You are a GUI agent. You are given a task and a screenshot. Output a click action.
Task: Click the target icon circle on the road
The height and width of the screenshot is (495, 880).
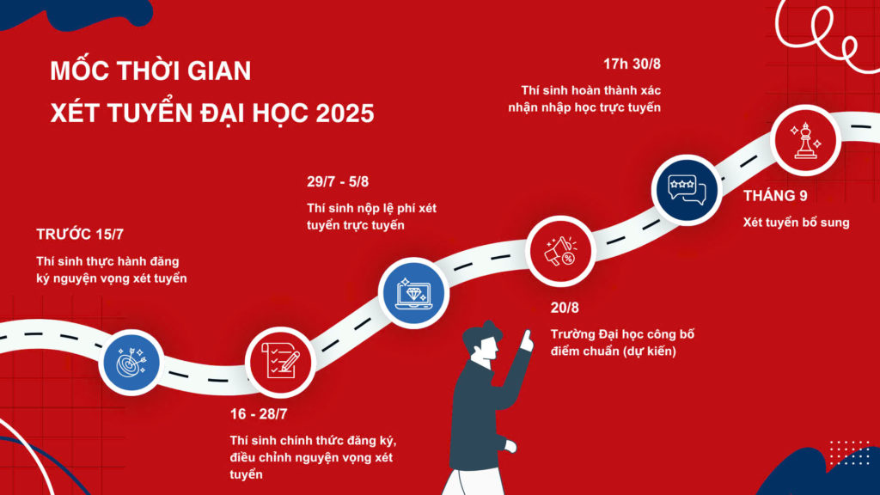[x=131, y=363]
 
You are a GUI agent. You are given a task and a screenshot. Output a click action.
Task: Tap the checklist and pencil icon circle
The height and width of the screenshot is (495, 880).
[x=280, y=362]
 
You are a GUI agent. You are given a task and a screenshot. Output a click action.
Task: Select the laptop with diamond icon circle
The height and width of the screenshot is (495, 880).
[x=413, y=293]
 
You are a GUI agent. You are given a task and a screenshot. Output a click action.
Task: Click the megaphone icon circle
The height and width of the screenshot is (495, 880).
[x=560, y=251]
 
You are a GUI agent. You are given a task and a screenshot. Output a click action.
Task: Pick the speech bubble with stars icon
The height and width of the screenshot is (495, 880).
[x=687, y=190]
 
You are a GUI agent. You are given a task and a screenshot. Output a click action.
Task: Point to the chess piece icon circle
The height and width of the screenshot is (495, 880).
[x=806, y=140]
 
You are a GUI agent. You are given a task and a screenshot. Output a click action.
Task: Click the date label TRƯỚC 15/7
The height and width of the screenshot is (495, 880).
[x=80, y=235]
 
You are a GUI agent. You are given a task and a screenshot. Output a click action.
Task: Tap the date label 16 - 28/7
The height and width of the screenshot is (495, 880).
[x=258, y=414]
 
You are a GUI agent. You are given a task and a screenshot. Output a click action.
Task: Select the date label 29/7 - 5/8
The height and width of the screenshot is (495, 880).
[x=337, y=182]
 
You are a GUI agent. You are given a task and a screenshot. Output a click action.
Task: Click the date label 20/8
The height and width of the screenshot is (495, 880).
[x=565, y=308]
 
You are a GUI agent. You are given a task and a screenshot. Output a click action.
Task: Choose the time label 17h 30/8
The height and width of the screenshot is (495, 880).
[x=632, y=64]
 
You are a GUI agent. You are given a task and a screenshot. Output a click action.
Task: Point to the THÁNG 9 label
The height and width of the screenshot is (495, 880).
[x=776, y=196]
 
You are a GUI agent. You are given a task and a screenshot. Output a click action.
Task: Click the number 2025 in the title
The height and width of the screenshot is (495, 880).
[x=345, y=113]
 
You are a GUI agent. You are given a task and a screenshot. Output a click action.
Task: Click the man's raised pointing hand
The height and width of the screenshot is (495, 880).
[x=527, y=340]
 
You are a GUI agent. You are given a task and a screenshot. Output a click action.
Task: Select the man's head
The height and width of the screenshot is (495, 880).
[x=482, y=341]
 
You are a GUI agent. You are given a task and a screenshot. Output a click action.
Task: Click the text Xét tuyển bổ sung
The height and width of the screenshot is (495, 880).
[x=797, y=223]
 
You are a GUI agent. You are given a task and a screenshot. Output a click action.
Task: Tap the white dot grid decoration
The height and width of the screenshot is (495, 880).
[x=849, y=452]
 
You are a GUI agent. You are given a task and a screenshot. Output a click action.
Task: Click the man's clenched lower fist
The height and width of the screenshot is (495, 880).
[x=510, y=446]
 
